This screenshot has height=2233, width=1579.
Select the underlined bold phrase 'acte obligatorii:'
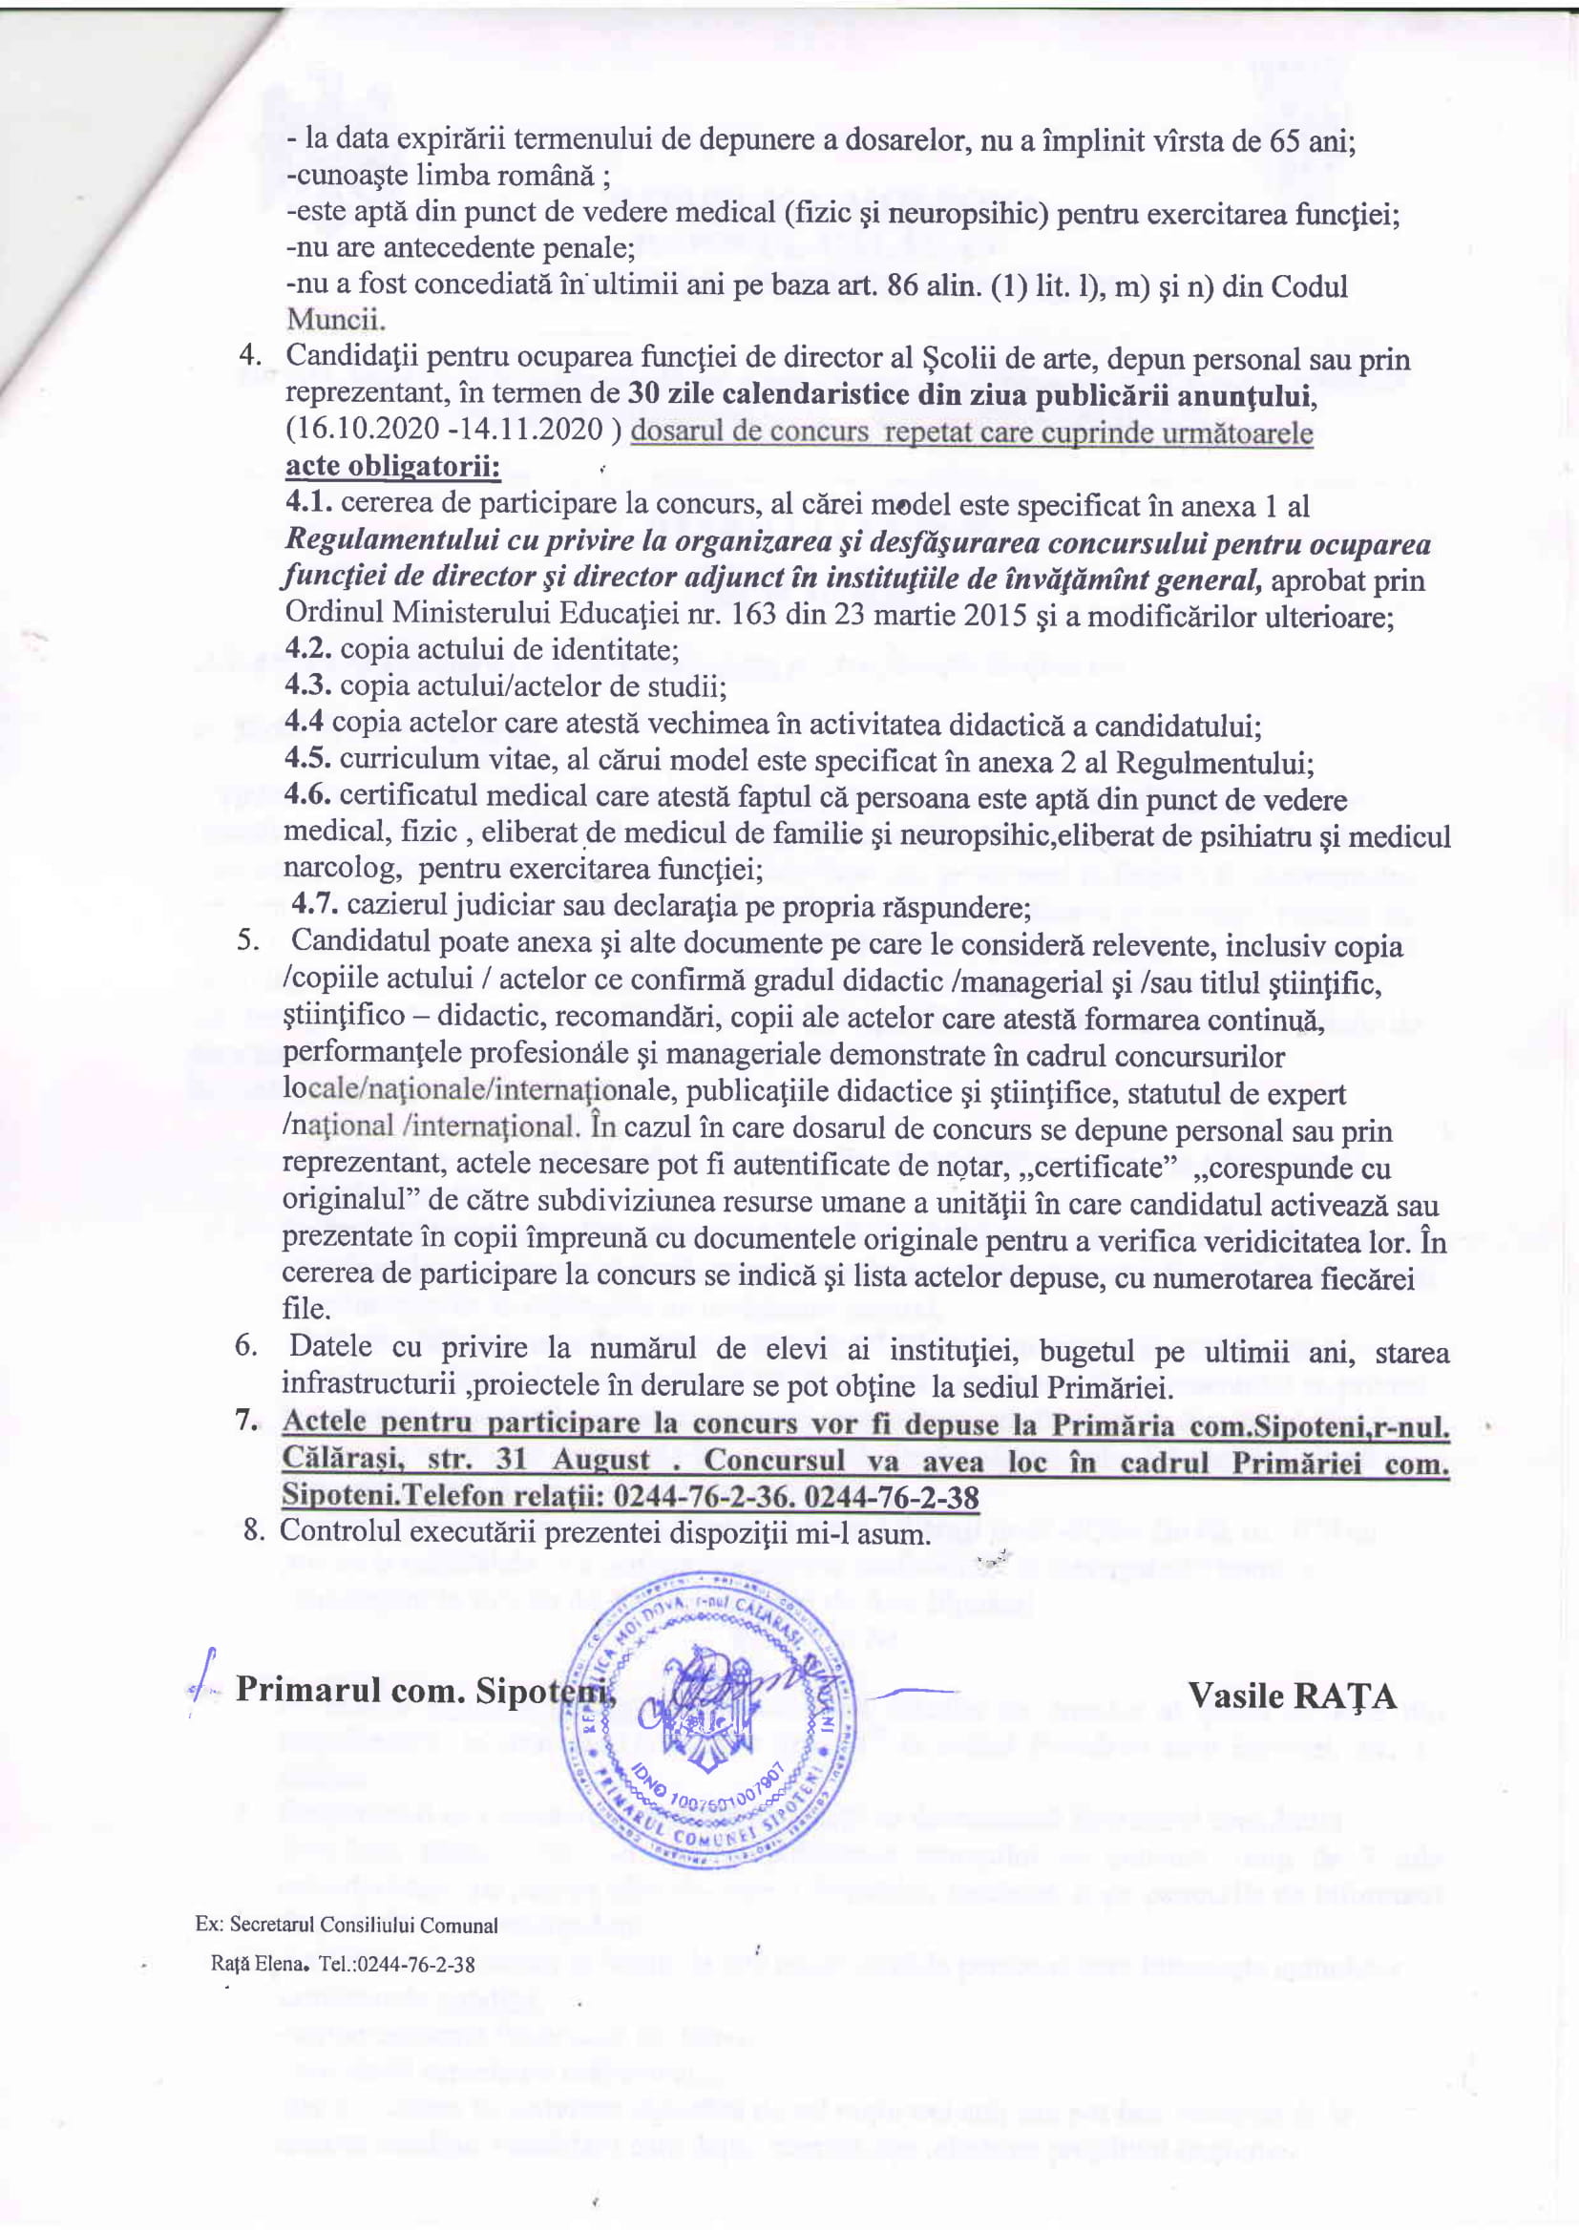(x=392, y=466)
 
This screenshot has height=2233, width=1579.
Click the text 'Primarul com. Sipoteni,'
(x=426, y=1691)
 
